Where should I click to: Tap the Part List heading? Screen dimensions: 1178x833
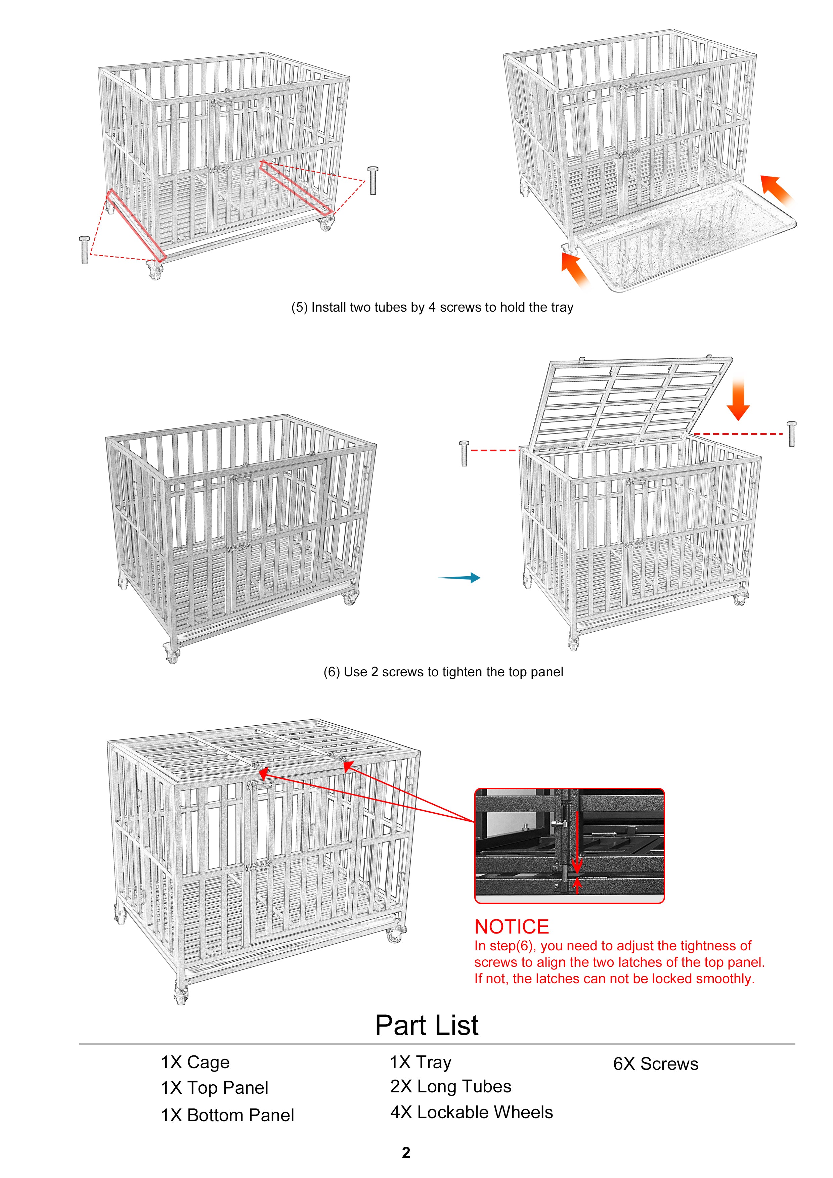click(x=427, y=1026)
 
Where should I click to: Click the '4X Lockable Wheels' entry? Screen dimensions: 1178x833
click(x=472, y=1112)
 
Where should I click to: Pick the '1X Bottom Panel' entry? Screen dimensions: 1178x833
click(x=227, y=1116)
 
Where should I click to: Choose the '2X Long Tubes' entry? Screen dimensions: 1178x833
click(x=451, y=1087)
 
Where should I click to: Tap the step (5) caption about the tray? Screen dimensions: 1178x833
click(x=432, y=307)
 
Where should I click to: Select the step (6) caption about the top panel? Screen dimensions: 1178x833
click(x=443, y=672)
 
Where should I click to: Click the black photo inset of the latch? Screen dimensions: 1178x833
click(x=569, y=846)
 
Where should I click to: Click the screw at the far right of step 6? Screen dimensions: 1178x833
click(x=791, y=434)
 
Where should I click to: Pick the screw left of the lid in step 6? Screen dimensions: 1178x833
click(x=465, y=453)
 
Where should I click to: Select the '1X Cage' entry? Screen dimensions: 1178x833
click(x=195, y=1062)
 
